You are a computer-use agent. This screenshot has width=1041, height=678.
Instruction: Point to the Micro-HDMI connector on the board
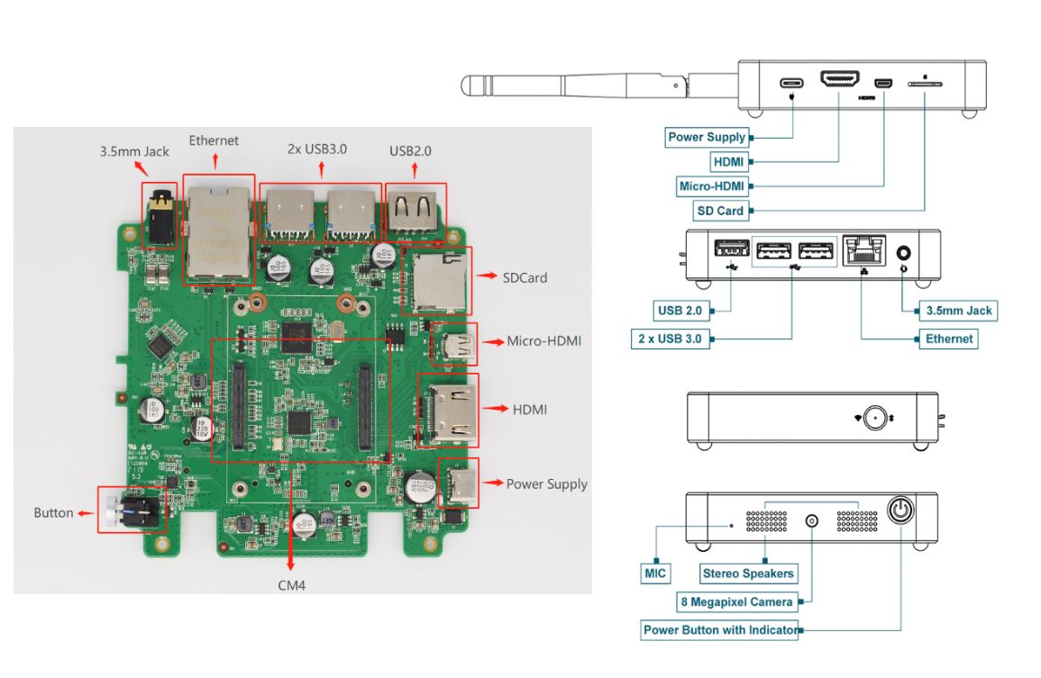tap(452, 343)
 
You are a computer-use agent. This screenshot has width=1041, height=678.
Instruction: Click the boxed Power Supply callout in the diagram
tap(707, 138)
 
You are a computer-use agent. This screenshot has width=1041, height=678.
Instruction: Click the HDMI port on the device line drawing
tap(838, 80)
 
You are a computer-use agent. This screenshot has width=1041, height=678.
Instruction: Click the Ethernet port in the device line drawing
tap(862, 251)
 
